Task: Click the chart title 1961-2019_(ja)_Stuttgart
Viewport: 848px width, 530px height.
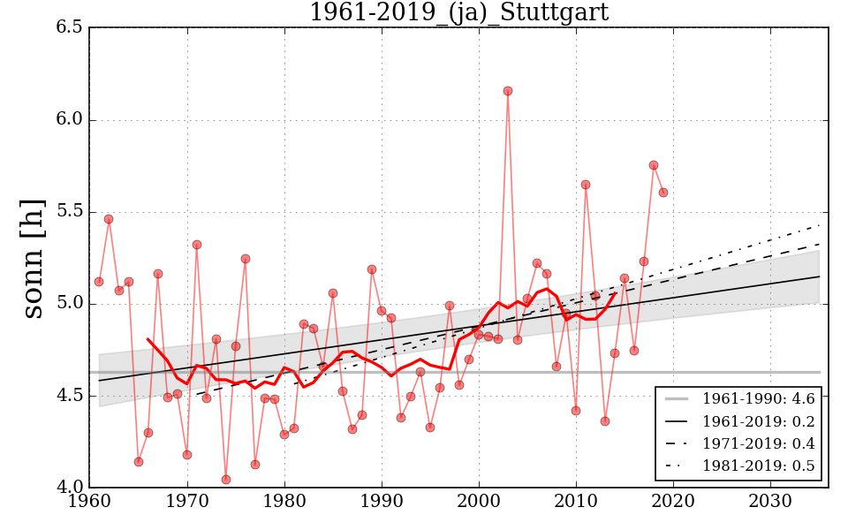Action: [458, 12]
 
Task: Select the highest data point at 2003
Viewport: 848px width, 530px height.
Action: [508, 91]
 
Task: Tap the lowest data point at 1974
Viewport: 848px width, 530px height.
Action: [226, 480]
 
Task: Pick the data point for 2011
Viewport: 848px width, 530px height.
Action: [586, 185]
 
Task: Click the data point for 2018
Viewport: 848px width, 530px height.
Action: [654, 165]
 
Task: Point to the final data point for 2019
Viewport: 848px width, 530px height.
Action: [663, 193]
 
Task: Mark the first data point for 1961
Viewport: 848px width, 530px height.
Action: [99, 282]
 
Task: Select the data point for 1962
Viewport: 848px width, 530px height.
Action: [109, 219]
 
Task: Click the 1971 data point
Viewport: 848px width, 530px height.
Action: [197, 245]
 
